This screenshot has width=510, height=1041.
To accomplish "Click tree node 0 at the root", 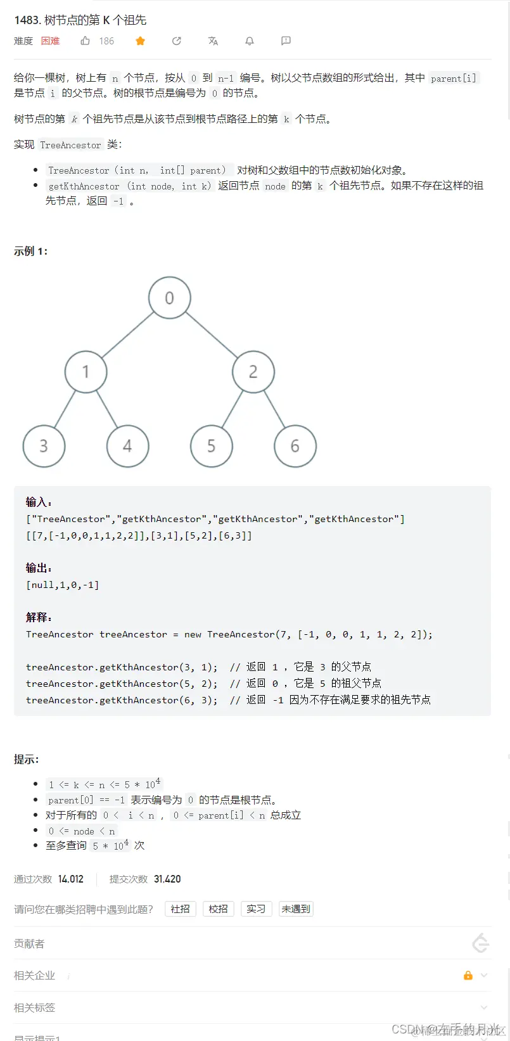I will point(169,298).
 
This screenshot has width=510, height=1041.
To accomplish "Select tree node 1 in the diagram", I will point(86,372).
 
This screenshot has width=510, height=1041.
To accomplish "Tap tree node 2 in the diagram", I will point(253,372).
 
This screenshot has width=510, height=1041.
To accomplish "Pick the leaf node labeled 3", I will point(44,446).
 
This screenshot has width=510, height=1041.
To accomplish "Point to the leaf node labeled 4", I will point(127,446).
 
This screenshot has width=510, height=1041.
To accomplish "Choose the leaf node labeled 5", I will point(211,446).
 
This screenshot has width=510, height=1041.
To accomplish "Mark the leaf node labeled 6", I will point(295,446).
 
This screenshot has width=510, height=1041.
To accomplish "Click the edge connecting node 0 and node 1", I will point(127,335).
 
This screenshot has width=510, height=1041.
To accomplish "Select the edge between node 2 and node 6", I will point(274,409).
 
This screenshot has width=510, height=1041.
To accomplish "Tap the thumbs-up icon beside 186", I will point(86,41).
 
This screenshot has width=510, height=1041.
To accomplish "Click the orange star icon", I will point(141,41).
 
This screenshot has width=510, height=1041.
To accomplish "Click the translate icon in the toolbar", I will point(213,41).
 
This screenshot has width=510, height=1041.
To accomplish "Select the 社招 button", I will point(181,909).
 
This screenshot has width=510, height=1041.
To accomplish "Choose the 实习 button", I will point(256,909).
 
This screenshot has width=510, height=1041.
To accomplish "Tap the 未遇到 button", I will point(296,909).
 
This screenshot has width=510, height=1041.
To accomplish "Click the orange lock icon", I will point(468,975).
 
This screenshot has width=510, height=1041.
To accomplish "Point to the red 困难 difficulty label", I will point(51,41).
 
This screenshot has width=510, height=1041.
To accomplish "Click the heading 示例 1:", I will point(31,252).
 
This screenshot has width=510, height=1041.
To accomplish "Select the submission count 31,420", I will point(167,879).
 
